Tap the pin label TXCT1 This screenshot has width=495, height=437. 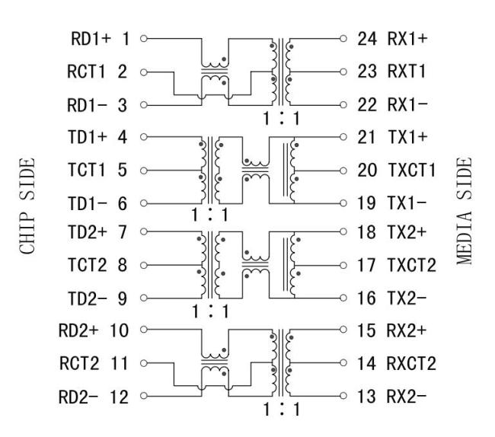point(409,170)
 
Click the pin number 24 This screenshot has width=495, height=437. point(366,38)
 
